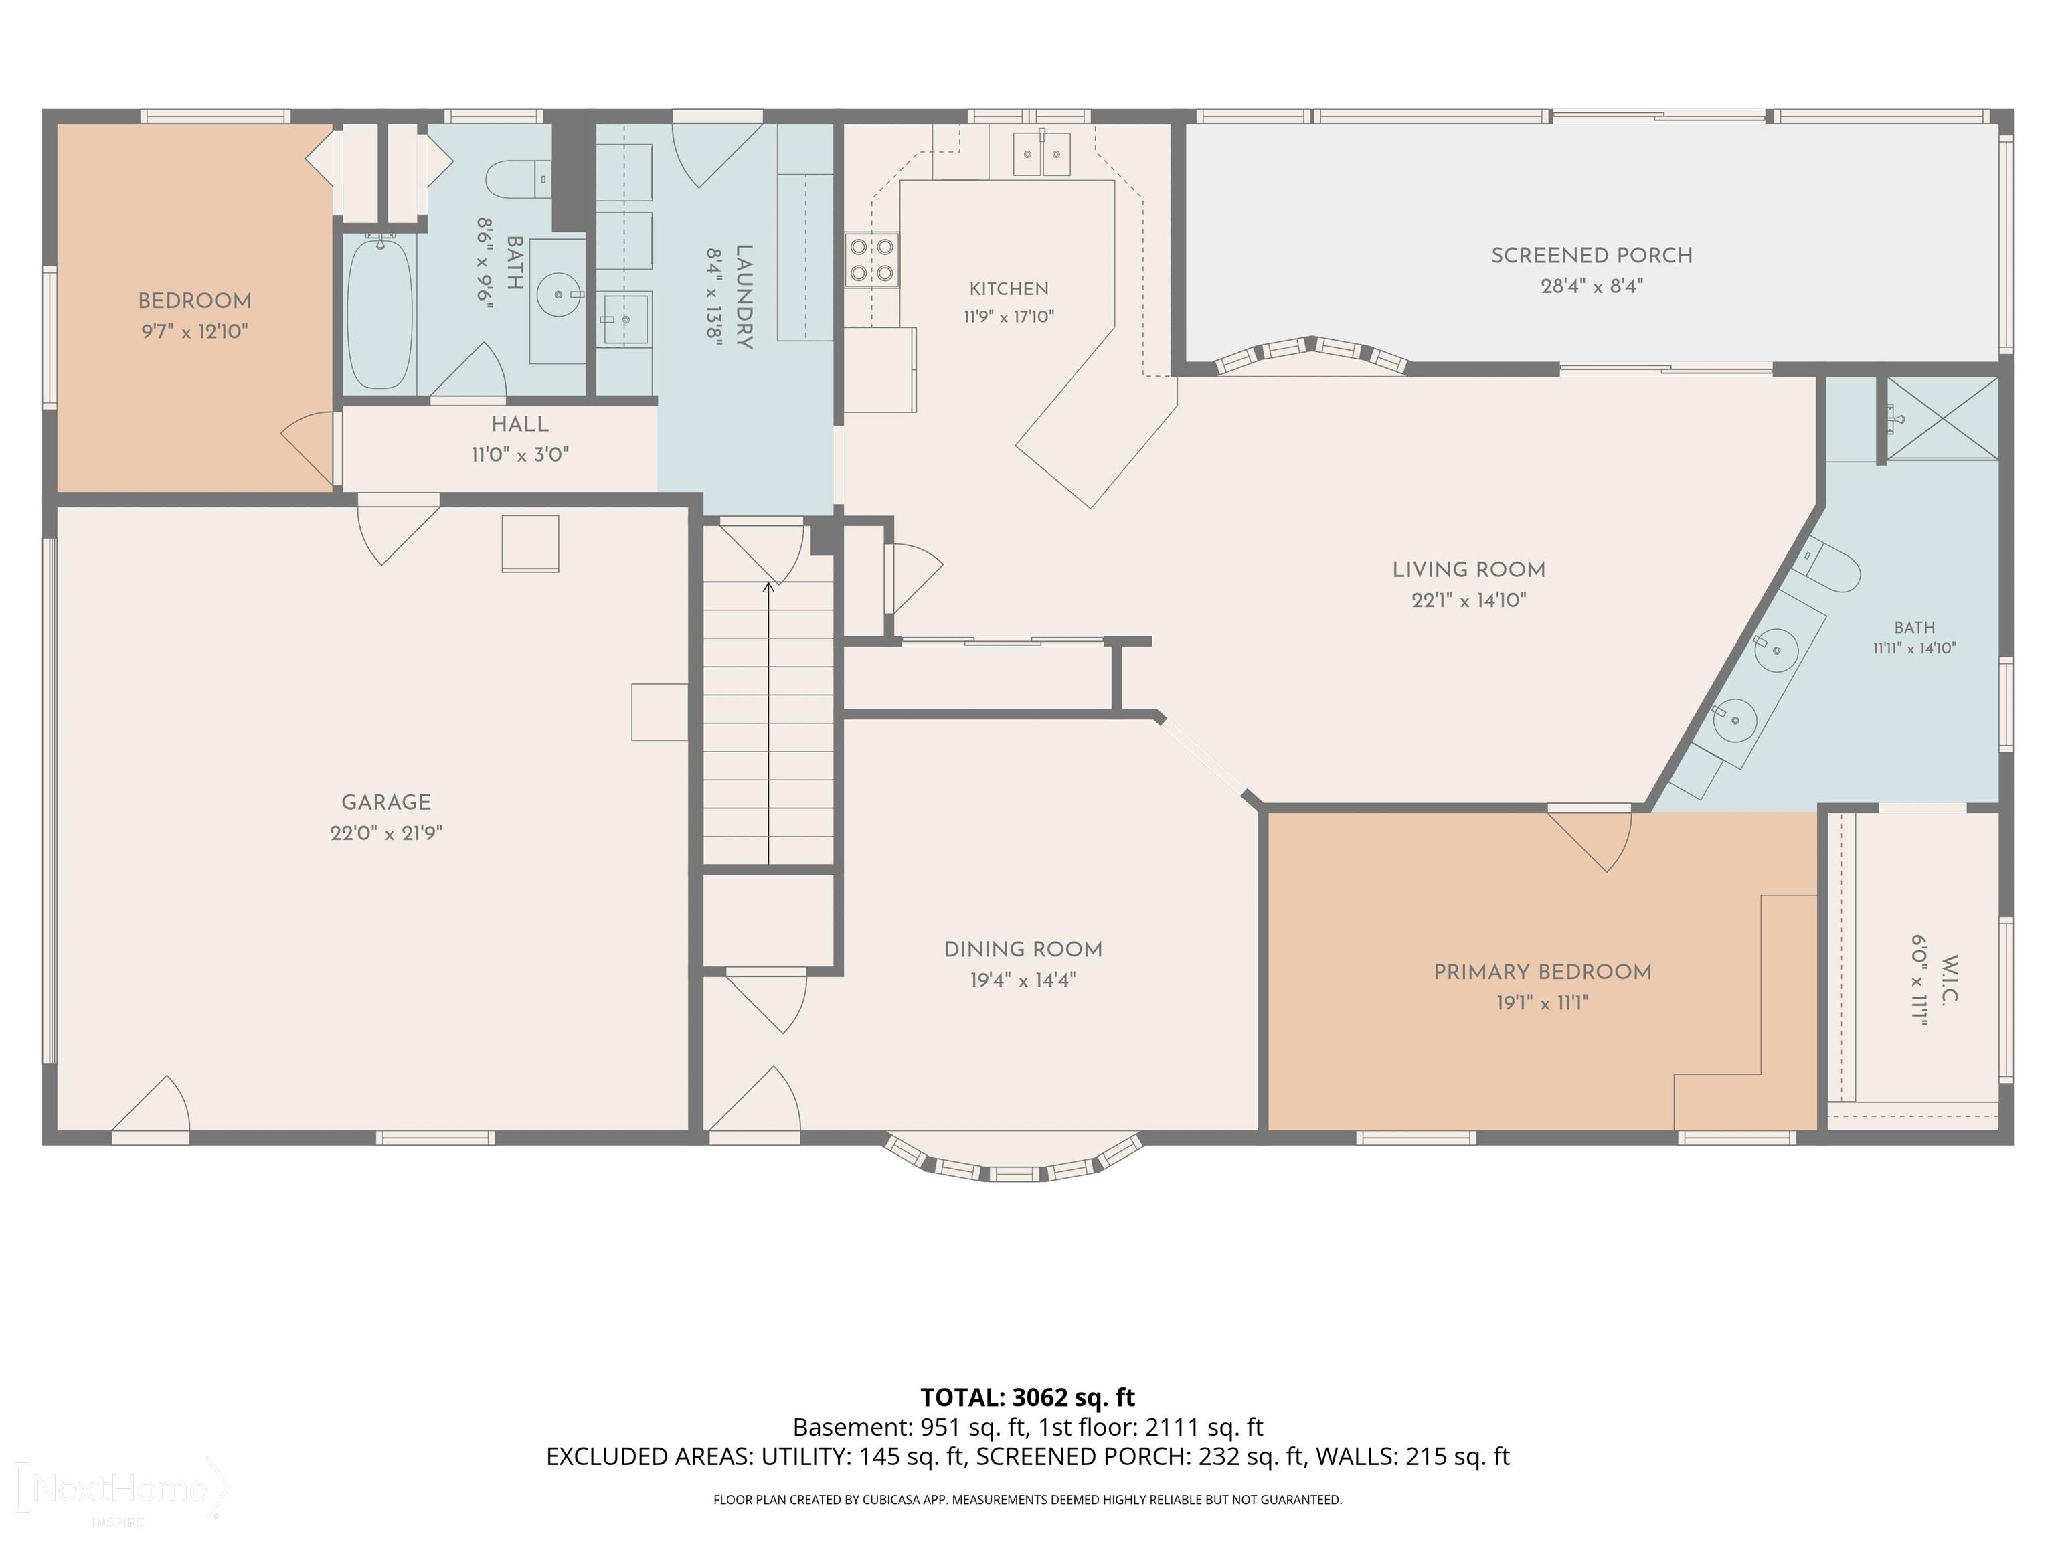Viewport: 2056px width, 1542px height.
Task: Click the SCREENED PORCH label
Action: (1592, 256)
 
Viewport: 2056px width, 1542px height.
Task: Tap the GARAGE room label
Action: (385, 802)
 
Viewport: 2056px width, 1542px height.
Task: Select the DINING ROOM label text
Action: (1023, 950)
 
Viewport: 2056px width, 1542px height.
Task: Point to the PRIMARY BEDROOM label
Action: (1542, 972)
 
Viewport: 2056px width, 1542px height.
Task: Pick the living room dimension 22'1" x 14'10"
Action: (1468, 600)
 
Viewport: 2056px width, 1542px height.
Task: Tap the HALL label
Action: (519, 424)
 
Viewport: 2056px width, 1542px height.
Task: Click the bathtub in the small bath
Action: (379, 311)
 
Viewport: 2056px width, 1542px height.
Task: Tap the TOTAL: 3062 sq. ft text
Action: (1027, 1397)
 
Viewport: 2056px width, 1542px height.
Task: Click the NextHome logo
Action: (121, 1489)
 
